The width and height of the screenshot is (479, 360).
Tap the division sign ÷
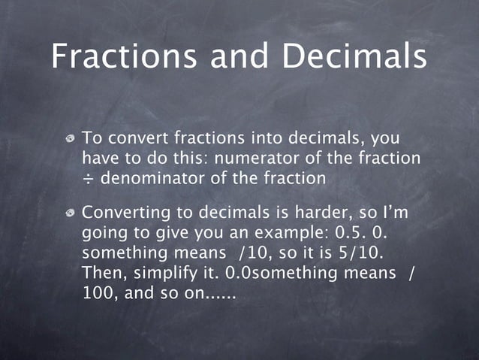pyautogui.click(x=87, y=180)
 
